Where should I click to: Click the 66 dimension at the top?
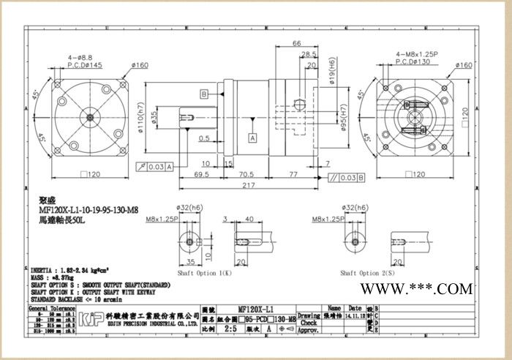point(297,44)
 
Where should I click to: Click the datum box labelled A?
point(252,138)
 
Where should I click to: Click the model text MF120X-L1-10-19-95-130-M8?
point(93,209)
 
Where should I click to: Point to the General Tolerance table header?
point(52,310)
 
